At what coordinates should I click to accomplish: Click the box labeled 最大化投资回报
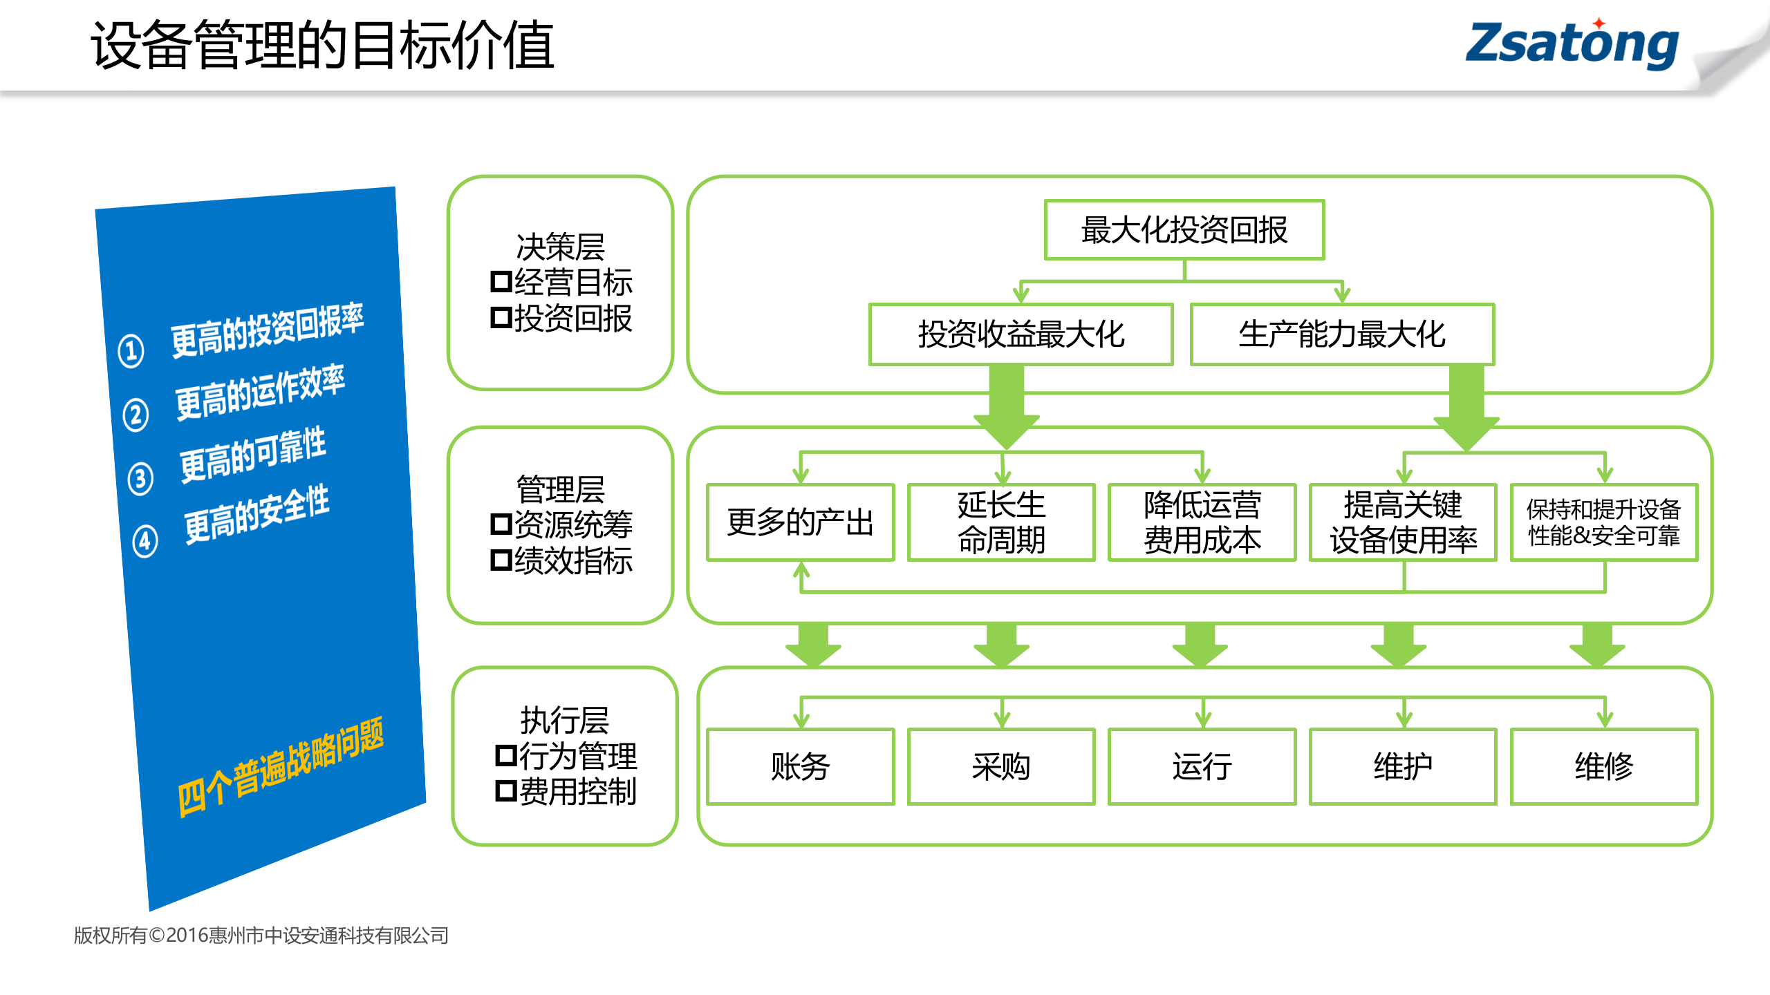pyautogui.click(x=1184, y=230)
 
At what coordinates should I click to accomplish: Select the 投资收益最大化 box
pyautogui.click(x=1021, y=334)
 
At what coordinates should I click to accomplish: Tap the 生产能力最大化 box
pyautogui.click(x=1341, y=334)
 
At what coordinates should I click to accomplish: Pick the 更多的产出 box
pyautogui.click(x=800, y=522)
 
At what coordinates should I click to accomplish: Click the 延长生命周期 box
pyautogui.click(x=1000, y=522)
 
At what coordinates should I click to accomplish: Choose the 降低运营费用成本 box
pyautogui.click(x=1202, y=522)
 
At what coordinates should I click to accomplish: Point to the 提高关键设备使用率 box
pyautogui.click(x=1403, y=522)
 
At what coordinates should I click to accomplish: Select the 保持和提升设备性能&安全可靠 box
pyautogui.click(x=1603, y=522)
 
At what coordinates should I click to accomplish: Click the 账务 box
pyautogui.click(x=800, y=766)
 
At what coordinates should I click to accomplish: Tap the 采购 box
pyautogui.click(x=1000, y=766)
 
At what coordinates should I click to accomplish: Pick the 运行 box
pyautogui.click(x=1202, y=766)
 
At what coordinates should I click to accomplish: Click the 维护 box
pyautogui.click(x=1403, y=766)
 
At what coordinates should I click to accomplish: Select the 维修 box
pyautogui.click(x=1603, y=766)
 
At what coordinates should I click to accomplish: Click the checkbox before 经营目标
pyautogui.click(x=501, y=282)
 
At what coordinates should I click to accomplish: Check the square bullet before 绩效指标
pyautogui.click(x=501, y=560)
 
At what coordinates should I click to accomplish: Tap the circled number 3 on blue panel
pyautogui.click(x=140, y=478)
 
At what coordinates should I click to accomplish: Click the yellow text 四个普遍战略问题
pyautogui.click(x=280, y=767)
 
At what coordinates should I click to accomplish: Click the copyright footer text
pyautogui.click(x=261, y=936)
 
